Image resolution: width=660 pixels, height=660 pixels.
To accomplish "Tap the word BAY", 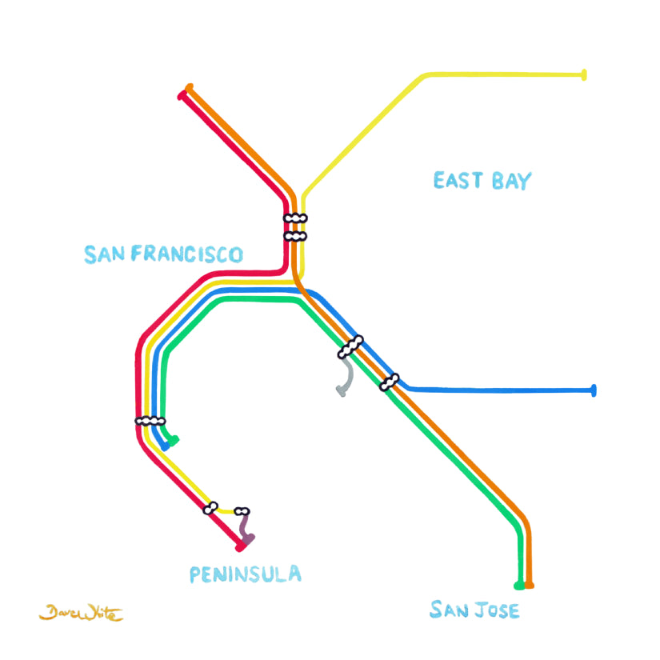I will point(511,181).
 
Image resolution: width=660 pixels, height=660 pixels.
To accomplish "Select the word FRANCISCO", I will point(187,254).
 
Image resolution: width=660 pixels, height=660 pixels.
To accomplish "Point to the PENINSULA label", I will point(246,574).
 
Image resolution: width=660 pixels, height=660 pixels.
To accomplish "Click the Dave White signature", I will point(81,614).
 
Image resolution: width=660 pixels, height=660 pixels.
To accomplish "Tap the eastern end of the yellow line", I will point(584,75).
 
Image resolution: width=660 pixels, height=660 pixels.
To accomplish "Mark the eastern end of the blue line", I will point(593,390).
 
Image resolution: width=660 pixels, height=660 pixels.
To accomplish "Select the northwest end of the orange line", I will point(189,87).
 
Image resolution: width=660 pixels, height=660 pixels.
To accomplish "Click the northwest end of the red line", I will point(182,96).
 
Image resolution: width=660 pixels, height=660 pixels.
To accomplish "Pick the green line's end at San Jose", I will point(519,586).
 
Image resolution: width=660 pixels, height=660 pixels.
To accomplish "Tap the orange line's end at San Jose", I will point(530,586).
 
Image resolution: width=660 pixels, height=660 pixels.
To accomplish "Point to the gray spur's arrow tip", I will point(341,392).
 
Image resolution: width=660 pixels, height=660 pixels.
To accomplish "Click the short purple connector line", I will point(245,528).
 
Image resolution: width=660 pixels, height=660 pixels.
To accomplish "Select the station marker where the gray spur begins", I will point(350,346).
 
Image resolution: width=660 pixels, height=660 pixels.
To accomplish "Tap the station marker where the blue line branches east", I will point(390,382).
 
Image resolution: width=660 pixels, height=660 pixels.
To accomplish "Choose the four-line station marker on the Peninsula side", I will point(150,421).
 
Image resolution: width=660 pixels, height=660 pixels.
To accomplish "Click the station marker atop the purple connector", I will point(242,511).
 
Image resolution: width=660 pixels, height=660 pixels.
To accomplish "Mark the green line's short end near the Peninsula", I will point(174,440).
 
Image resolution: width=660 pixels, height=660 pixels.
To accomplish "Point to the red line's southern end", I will point(239,548).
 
